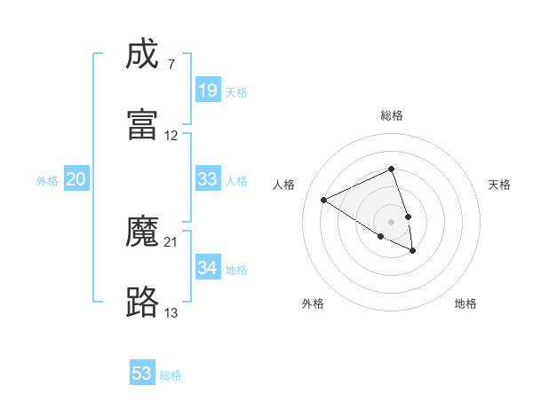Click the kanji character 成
click(x=143, y=55)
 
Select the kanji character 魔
click(x=143, y=232)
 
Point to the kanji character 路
click(x=143, y=302)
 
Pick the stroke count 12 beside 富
click(x=171, y=136)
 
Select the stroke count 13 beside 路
click(x=171, y=312)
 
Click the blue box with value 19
click(x=207, y=90)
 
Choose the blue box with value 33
click(x=207, y=179)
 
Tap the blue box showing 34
click(x=207, y=267)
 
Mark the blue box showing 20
click(x=76, y=179)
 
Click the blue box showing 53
click(x=142, y=374)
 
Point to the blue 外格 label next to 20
click(x=47, y=181)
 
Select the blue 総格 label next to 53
click(x=171, y=375)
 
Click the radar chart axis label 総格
click(x=391, y=115)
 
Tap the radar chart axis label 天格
click(x=499, y=185)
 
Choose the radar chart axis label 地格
click(x=465, y=303)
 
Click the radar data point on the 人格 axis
click(x=324, y=201)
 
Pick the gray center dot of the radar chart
click(x=391, y=221)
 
